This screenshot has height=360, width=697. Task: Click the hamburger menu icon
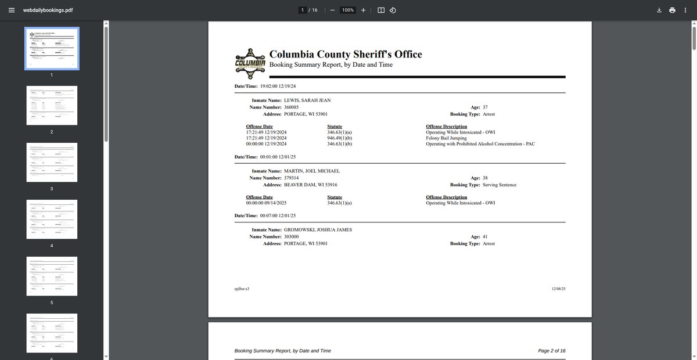pos(11,10)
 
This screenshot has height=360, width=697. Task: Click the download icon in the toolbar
pos(659,10)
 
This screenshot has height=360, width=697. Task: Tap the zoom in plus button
pos(363,10)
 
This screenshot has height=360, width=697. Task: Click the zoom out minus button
pos(332,10)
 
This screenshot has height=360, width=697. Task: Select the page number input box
pos(303,10)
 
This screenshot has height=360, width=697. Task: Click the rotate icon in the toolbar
pos(393,10)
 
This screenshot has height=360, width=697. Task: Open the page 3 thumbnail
pos(52,162)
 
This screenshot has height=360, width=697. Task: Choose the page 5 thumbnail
pos(52,276)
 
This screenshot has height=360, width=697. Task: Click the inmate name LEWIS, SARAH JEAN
pos(307,100)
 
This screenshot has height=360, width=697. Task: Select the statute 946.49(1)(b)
pos(340,138)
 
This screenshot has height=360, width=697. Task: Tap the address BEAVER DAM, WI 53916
pos(310,185)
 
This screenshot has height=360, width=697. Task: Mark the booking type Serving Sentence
pos(500,185)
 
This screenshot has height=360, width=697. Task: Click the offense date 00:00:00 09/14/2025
pos(266,203)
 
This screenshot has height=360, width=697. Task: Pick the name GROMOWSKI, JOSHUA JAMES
pos(318,230)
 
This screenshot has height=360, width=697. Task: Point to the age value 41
pos(486,237)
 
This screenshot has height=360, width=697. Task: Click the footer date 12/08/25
pos(558,289)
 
